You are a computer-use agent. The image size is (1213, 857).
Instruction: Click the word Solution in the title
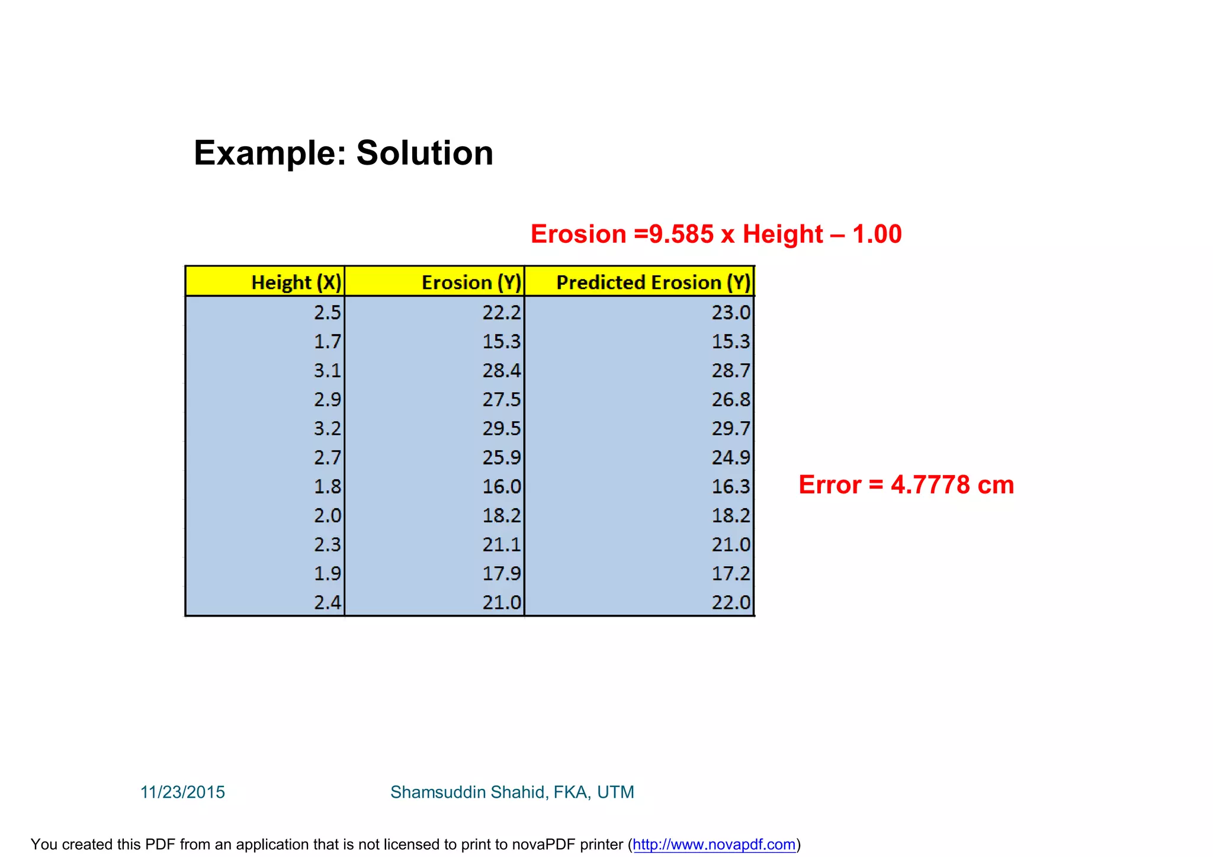(424, 153)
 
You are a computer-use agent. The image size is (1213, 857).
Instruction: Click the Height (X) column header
(296, 283)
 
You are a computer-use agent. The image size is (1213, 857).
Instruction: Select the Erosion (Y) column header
(471, 283)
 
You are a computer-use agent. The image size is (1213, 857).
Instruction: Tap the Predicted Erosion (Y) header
(653, 283)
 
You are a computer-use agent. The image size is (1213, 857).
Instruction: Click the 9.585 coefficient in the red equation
(681, 234)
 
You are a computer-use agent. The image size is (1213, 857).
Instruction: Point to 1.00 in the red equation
(877, 234)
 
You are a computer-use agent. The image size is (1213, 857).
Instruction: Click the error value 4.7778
(930, 484)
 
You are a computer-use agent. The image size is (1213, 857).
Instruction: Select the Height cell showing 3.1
(328, 371)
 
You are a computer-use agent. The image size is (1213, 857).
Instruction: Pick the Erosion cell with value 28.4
(501, 371)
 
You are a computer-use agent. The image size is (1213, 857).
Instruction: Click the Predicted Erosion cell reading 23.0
(731, 312)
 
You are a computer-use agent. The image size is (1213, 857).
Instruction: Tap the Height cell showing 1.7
(328, 341)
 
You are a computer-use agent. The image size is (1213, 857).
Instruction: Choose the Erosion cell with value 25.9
(501, 457)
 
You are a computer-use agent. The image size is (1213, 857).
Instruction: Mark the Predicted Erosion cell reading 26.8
(731, 400)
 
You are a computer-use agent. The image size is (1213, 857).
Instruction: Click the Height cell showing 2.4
(328, 602)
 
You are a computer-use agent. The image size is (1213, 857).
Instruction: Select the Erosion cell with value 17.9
(501, 573)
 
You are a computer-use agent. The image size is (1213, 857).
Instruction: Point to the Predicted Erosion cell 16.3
(731, 486)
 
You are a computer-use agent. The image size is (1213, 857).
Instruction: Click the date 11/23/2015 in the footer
(182, 792)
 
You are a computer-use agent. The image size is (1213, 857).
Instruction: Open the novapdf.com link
(714, 844)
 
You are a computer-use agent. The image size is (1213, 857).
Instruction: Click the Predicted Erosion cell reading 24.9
(731, 457)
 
